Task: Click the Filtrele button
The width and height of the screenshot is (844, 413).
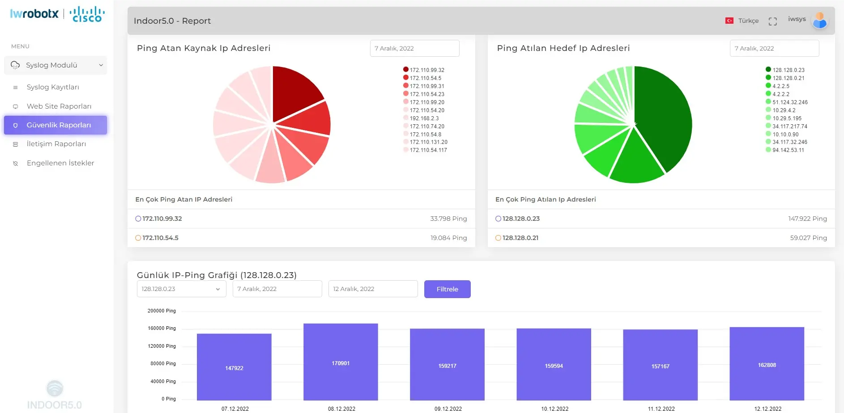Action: pyautogui.click(x=447, y=289)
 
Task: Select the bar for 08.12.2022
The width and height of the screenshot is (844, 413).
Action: pyautogui.click(x=341, y=362)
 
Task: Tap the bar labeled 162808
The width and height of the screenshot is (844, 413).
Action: pyautogui.click(x=767, y=364)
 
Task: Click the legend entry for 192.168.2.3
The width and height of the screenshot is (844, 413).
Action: pyautogui.click(x=424, y=118)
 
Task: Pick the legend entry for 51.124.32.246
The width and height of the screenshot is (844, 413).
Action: pyautogui.click(x=789, y=102)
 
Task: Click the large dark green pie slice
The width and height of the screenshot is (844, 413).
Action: pyautogui.click(x=662, y=116)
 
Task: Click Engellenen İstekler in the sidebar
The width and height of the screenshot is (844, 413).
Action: pyautogui.click(x=60, y=163)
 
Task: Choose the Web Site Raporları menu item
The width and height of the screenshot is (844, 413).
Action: pyautogui.click(x=59, y=106)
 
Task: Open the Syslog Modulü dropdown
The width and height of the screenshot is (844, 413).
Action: pyautogui.click(x=56, y=65)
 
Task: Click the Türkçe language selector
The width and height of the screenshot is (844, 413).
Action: pyautogui.click(x=742, y=21)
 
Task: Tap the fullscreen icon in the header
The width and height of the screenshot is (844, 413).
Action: pyautogui.click(x=772, y=21)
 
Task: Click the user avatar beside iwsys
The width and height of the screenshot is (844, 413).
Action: pyautogui.click(x=819, y=21)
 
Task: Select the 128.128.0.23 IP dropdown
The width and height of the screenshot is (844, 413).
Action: pyautogui.click(x=181, y=289)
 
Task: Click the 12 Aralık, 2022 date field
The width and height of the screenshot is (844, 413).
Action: pyautogui.click(x=373, y=289)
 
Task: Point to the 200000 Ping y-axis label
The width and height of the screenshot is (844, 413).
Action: pyautogui.click(x=162, y=311)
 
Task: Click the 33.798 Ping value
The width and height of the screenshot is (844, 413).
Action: pyautogui.click(x=448, y=219)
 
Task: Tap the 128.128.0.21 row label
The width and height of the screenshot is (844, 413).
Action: pyautogui.click(x=520, y=238)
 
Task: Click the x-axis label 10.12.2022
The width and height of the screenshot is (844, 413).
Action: pyautogui.click(x=554, y=409)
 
